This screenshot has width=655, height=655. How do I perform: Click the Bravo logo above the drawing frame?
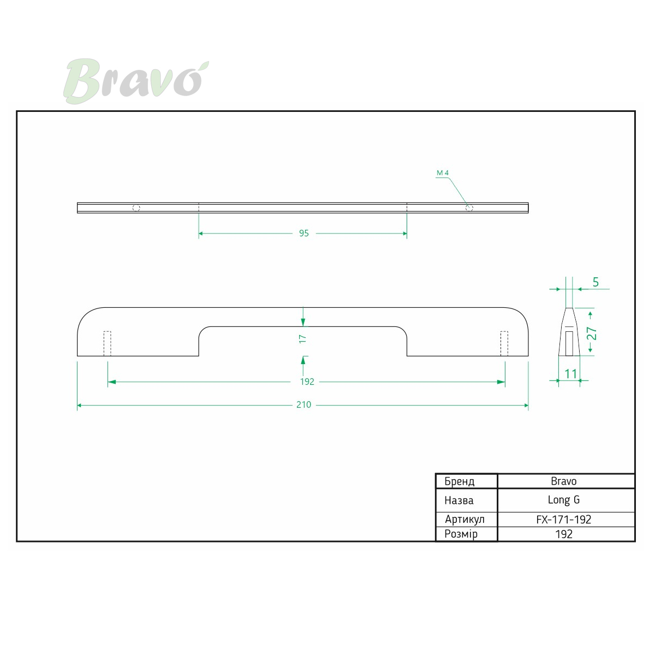point(136,81)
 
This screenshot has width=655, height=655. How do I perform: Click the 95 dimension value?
point(304,233)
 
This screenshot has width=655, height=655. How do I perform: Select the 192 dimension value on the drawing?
point(307,382)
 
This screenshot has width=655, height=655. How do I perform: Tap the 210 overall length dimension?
point(303,404)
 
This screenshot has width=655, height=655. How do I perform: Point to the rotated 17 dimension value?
point(302,338)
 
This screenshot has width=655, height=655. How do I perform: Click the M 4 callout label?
point(443,172)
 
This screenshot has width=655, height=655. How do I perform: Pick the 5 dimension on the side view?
point(596,282)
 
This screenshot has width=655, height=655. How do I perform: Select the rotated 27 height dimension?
point(592,334)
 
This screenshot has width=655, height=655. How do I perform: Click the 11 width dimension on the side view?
point(571,374)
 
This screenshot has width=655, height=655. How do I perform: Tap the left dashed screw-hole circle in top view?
point(136,208)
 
